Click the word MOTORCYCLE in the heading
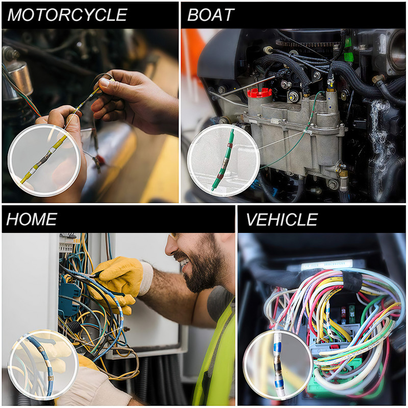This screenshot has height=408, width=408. [67, 15]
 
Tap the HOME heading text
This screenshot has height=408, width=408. [32, 219]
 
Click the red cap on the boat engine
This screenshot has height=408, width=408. [260, 92]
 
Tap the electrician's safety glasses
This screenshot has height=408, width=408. [176, 237]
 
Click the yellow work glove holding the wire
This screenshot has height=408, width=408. [120, 275]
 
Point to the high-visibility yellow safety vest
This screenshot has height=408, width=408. [214, 357]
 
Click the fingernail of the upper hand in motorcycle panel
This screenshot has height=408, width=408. [104, 82]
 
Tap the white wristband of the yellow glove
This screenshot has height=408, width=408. [146, 278]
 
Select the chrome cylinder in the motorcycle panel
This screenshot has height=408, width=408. [20, 76]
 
